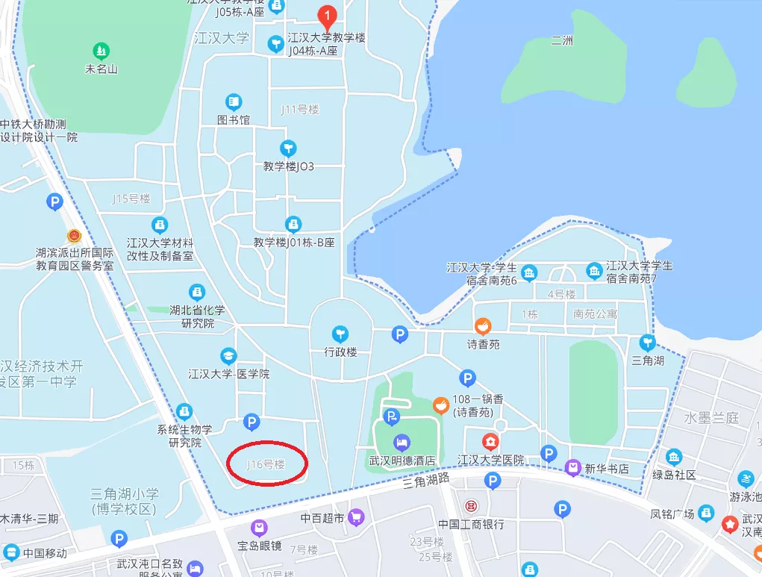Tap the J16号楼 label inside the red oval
pyautogui.click(x=266, y=464)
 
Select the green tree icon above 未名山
pyautogui.click(x=101, y=52)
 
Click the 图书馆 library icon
pyautogui.click(x=234, y=102)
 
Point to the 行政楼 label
pyautogui.click(x=340, y=352)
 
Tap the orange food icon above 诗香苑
pyautogui.click(x=483, y=326)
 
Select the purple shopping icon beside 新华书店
pyautogui.click(x=572, y=469)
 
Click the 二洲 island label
pyautogui.click(x=562, y=41)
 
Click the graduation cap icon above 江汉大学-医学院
pyautogui.click(x=228, y=356)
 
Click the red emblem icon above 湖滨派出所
pyautogui.click(x=73, y=236)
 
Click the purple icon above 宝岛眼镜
pyautogui.click(x=259, y=528)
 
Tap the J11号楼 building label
pyautogui.click(x=299, y=110)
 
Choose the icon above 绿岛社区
pyautogui.click(x=674, y=457)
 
